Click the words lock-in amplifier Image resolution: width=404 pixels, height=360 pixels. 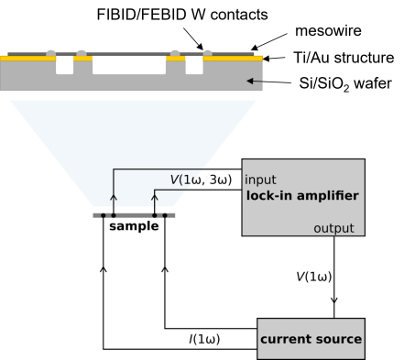[302, 196]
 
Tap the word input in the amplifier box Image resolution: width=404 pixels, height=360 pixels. [260, 180]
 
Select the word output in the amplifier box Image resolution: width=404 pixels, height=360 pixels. [333, 228]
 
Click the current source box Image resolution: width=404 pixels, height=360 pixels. [311, 339]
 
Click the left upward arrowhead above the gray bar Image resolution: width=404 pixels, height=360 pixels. [114, 197]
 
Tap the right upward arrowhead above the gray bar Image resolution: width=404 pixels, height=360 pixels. [154, 197]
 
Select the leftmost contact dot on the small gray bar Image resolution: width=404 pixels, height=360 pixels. [103, 216]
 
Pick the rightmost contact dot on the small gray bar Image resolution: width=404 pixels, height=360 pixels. [164, 216]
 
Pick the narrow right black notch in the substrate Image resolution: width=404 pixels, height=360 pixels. [194, 66]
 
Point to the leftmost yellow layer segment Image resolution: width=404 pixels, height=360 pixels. [27, 58]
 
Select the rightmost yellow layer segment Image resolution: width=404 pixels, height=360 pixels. [233, 58]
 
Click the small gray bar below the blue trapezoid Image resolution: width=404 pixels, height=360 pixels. [134, 215]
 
